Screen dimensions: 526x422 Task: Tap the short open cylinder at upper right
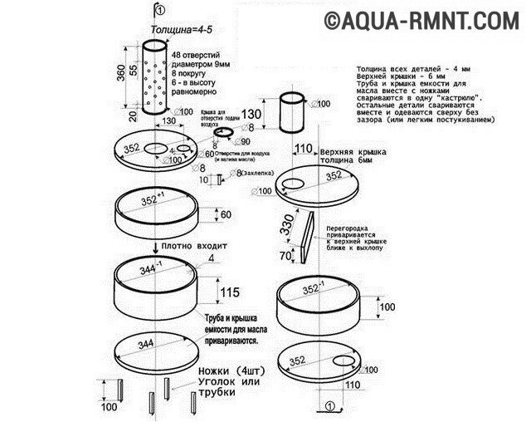[x=290, y=114]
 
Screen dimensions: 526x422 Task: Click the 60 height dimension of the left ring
[x=224, y=215]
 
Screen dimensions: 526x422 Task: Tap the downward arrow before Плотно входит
[x=155, y=247]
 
